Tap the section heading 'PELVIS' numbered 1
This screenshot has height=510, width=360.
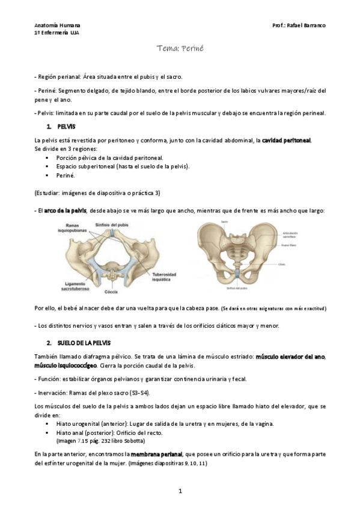pyautogui.click(x=66, y=127)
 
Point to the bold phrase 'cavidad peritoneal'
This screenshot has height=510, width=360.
pyautogui.click(x=286, y=140)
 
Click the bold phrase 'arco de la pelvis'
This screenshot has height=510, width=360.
pyautogui.click(x=66, y=210)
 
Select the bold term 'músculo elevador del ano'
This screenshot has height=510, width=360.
pyautogui.click(x=290, y=357)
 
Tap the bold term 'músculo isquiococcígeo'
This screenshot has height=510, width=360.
pyautogui.click(x=66, y=366)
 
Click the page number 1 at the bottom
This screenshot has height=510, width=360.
pyautogui.click(x=180, y=491)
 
